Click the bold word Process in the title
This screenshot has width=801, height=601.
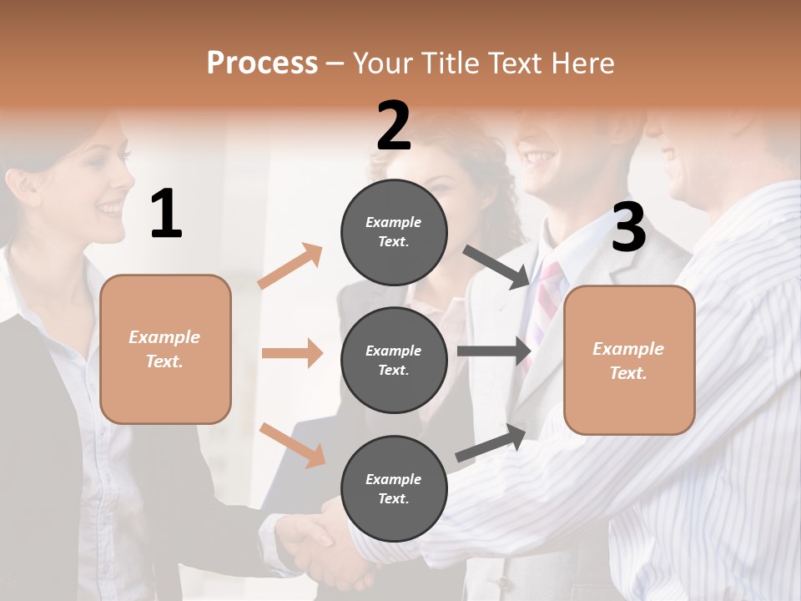262,63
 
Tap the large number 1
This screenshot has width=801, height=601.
166,215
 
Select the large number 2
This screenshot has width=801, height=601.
394,126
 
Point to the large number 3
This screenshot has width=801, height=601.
628,228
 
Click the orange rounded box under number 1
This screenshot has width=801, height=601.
165,349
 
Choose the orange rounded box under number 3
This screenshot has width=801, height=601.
629,360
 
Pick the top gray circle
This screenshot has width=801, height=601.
394,231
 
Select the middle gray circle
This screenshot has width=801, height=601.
394,360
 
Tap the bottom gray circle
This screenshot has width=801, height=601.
394,488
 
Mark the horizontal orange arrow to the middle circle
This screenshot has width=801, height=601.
292,353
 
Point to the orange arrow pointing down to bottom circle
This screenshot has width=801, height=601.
292,444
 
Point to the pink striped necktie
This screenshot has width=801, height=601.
547,296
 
